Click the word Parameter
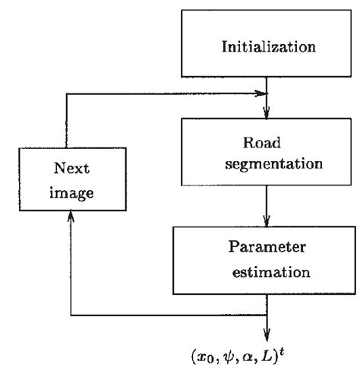tap(266, 248)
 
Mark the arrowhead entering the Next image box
tap(71, 217)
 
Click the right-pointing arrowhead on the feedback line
tap(264, 95)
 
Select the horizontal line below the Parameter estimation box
tap(167, 314)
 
